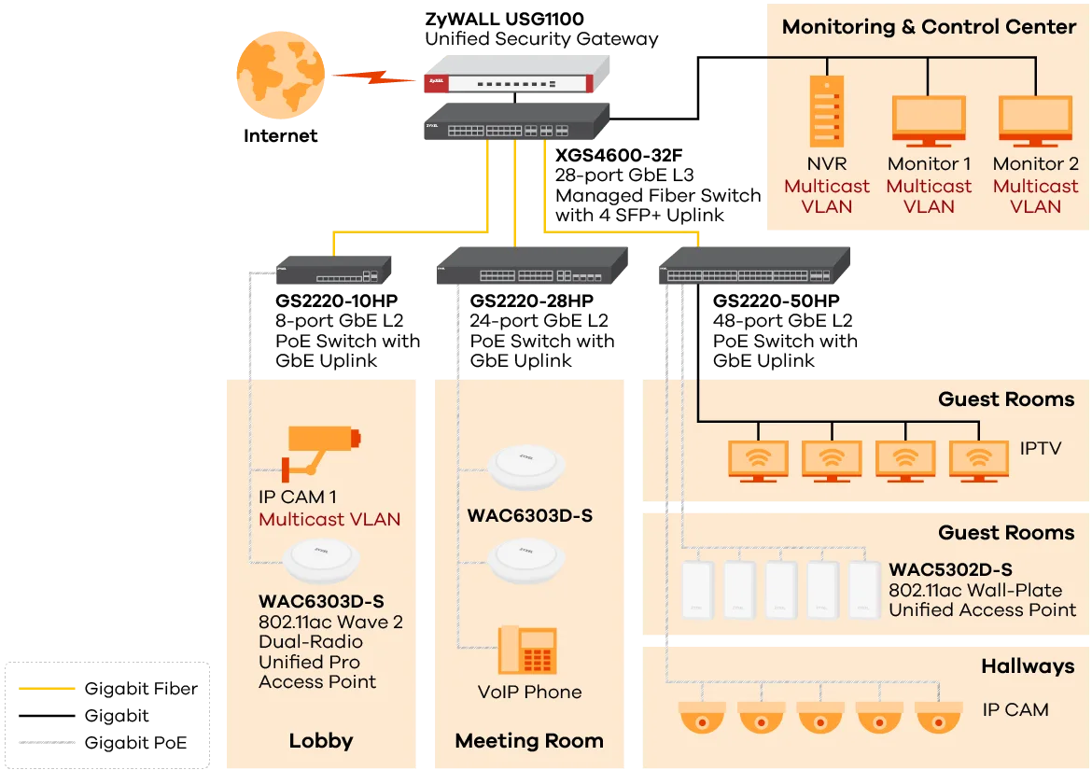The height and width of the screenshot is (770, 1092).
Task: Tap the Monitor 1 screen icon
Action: (929, 120)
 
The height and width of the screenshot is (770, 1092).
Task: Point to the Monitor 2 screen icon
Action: (1035, 120)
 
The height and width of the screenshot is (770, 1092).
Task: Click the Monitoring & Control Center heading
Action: (929, 27)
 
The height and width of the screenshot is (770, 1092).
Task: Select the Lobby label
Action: (321, 741)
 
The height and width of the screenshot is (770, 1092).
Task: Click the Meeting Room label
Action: (529, 741)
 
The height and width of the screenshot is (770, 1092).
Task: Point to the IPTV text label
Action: (1041, 449)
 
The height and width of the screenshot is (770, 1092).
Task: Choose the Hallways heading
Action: (1028, 666)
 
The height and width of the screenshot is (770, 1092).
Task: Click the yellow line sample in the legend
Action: (48, 691)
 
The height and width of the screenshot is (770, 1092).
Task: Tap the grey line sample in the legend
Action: (48, 744)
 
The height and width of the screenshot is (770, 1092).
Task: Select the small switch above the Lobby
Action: (333, 272)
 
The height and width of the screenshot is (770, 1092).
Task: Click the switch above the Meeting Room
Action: (533, 270)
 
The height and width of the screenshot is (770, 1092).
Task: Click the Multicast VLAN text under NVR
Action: (827, 196)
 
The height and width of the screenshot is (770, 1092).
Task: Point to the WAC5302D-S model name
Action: (950, 569)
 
